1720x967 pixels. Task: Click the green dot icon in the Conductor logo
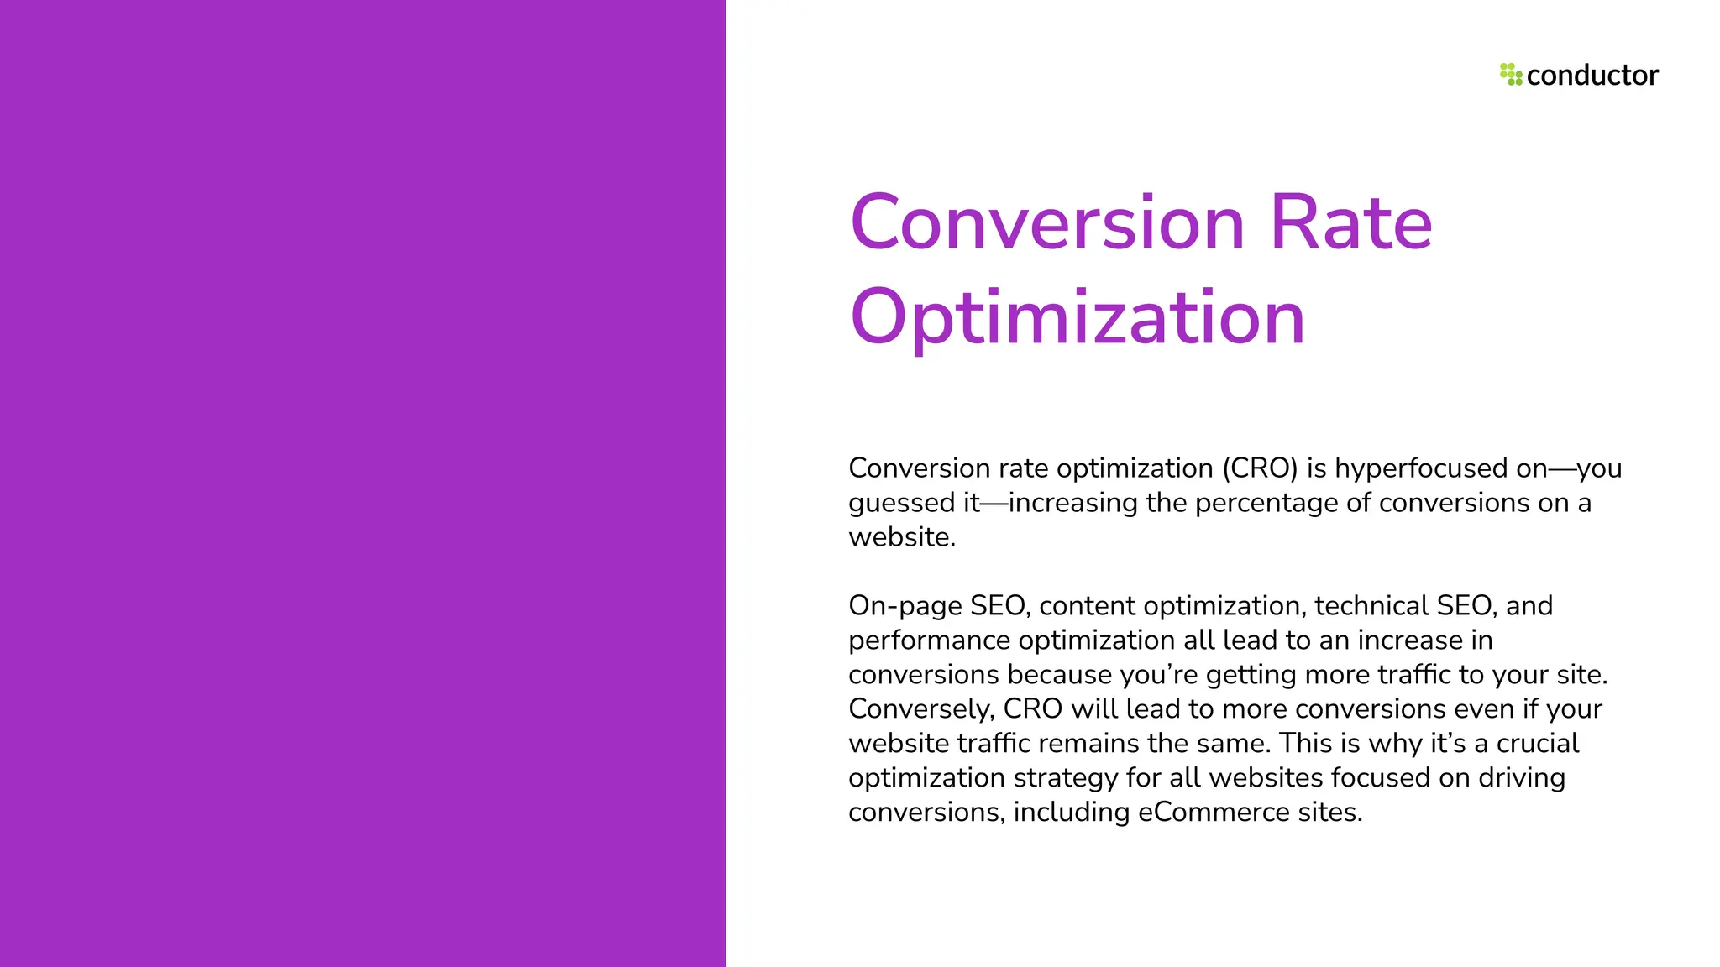tap(1511, 75)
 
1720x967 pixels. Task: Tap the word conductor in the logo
tap(1592, 76)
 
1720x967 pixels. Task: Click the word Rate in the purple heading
tap(1350, 222)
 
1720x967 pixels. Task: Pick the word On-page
tap(905, 606)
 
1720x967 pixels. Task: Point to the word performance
tap(930, 640)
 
